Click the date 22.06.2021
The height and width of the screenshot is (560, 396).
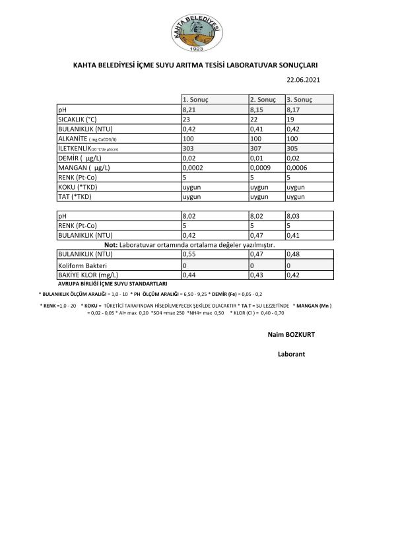pyautogui.click(x=303, y=80)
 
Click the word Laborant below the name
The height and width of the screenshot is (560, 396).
pyautogui.click(x=291, y=355)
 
